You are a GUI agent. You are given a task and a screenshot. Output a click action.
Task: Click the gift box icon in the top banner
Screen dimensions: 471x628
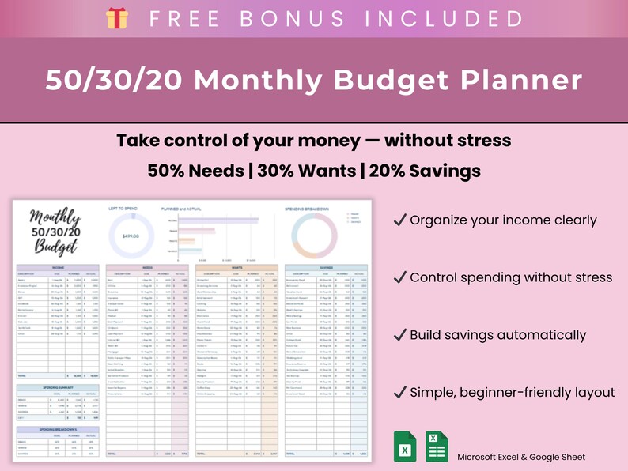pos(117,18)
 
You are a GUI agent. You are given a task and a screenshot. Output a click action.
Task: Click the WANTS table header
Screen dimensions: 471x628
pos(237,268)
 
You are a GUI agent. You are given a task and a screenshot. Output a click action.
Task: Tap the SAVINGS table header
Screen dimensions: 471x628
pos(326,268)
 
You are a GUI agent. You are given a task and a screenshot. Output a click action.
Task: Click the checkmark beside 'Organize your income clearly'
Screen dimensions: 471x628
pos(399,220)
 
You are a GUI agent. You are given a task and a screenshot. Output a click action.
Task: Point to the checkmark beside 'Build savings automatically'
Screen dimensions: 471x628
pos(399,335)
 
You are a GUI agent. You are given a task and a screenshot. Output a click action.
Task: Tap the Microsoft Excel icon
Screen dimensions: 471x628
pos(404,446)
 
